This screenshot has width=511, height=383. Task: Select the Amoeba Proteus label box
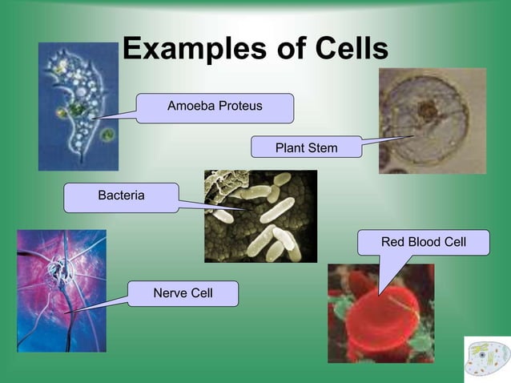214,107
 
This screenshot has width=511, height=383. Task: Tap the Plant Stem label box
306,148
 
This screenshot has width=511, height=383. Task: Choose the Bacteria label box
121,196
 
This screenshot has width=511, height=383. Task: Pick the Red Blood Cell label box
423,241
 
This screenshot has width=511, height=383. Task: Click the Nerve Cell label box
183,293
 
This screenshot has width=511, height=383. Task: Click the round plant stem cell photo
432,120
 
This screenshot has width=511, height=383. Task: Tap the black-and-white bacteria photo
260,216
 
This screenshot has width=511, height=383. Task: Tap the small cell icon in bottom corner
486,358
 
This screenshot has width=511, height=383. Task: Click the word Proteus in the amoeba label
239,107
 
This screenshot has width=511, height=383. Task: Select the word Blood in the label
424,241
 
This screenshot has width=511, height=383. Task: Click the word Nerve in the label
169,293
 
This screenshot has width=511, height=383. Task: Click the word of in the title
282,50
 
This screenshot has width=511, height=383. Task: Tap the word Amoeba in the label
190,107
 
